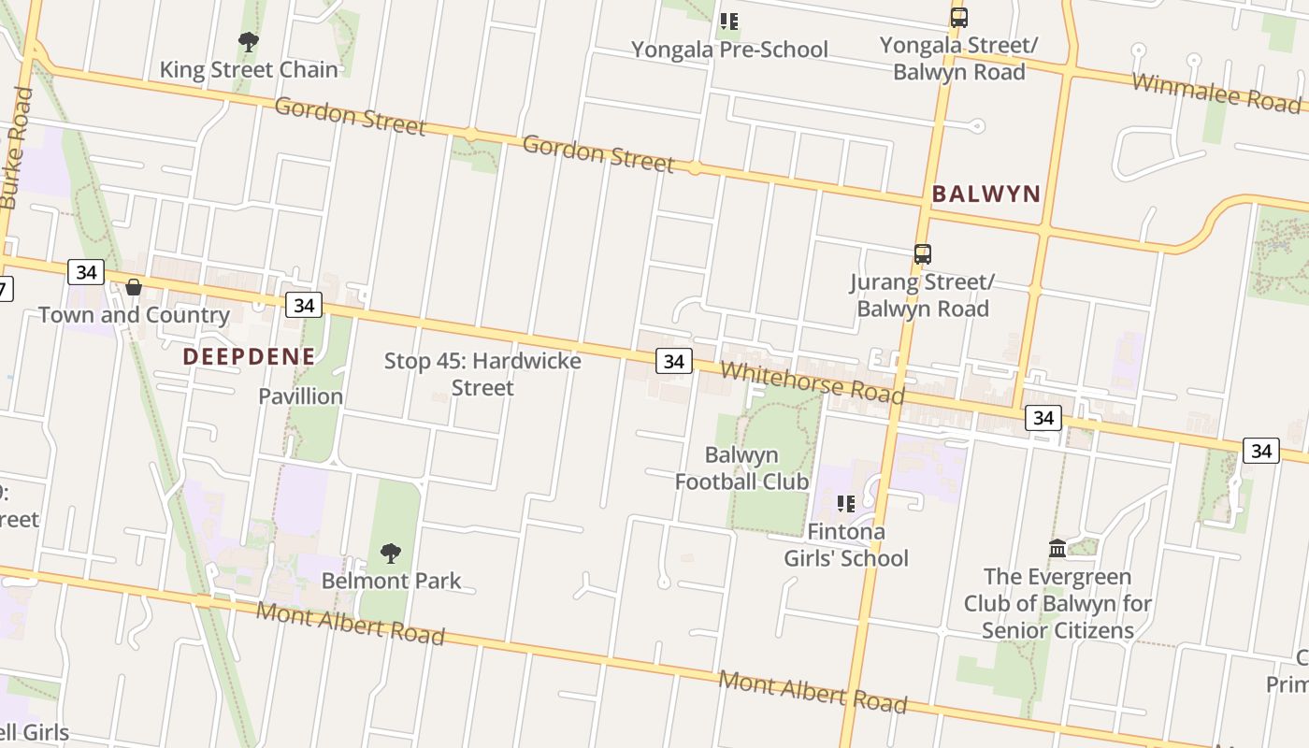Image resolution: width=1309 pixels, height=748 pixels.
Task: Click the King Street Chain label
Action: coord(249,69)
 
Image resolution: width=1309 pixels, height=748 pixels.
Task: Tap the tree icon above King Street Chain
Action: coord(248,42)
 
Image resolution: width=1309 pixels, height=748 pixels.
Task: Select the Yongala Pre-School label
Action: coord(729,49)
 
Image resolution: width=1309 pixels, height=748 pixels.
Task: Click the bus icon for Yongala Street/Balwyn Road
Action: coord(958,18)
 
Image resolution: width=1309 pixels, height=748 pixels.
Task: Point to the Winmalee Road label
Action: coord(1215,91)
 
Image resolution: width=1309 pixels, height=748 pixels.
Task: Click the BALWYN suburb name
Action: coord(986,194)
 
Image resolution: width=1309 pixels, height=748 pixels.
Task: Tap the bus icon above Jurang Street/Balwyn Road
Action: coord(923,254)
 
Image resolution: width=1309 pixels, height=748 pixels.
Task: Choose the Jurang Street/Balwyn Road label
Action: coord(923,295)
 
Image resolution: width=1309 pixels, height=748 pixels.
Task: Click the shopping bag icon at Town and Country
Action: coord(134,287)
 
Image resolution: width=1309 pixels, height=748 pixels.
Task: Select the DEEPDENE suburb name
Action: coord(249,356)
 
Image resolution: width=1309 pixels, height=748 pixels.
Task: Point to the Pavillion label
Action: coord(301,396)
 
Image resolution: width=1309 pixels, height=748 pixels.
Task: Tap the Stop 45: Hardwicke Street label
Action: coord(482,374)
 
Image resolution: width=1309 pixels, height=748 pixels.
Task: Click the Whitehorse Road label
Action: coord(813,382)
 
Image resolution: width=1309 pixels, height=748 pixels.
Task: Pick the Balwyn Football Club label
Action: coord(741,468)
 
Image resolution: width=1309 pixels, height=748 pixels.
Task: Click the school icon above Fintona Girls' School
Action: coord(846,505)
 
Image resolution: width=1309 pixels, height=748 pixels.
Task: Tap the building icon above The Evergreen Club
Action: coord(1057,548)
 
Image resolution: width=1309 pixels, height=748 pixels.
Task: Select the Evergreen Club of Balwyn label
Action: coord(1057,603)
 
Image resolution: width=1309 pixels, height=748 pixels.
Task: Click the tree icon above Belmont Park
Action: coord(391,554)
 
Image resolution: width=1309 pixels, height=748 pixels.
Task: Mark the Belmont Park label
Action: coord(391,581)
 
